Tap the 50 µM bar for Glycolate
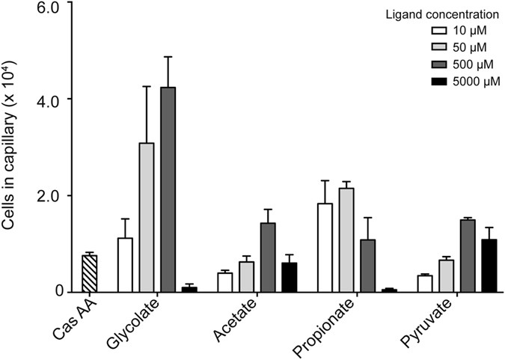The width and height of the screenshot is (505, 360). [x=147, y=217]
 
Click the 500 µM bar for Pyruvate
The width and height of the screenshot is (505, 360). [x=468, y=255]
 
